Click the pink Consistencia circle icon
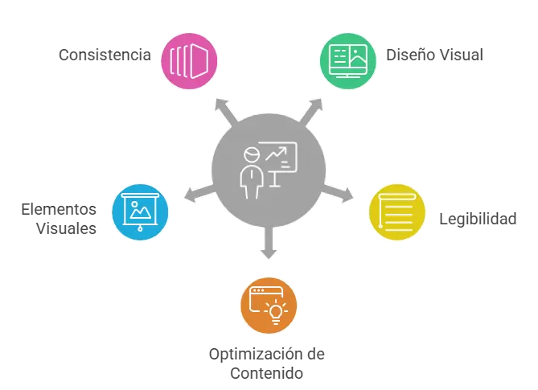coord(189,61)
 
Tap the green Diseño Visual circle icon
coord(348,61)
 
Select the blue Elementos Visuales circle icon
coord(140,212)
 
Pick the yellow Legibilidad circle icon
coord(397,212)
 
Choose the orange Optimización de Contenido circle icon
coord(269,306)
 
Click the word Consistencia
coord(105,55)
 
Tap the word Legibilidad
coord(478,219)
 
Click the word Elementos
coord(59,209)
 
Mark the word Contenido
coord(267,373)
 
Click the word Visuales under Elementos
coord(66,228)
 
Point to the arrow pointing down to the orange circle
coord(269,243)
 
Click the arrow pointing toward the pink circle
coord(226,110)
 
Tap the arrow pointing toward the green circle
coord(311,110)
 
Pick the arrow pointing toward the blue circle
coord(199,194)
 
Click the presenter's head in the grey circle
coord(252,154)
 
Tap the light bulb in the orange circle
coord(276,313)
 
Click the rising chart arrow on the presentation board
coord(276,154)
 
